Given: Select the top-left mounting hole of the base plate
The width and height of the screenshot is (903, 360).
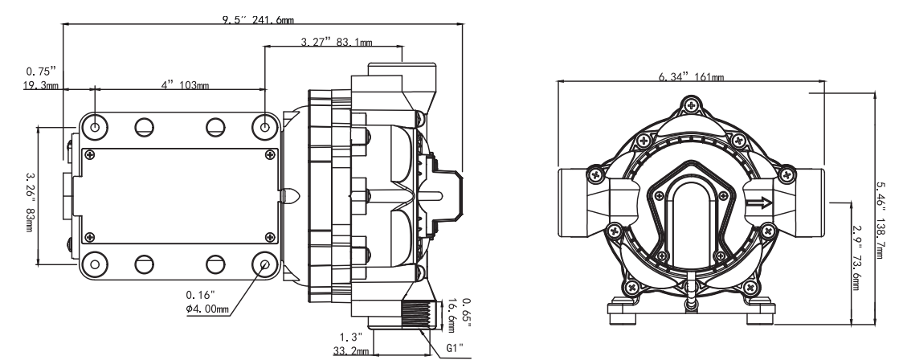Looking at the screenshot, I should tap(96, 126).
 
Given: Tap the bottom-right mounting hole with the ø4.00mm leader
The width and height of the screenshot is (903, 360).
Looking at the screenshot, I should tap(265, 263).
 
